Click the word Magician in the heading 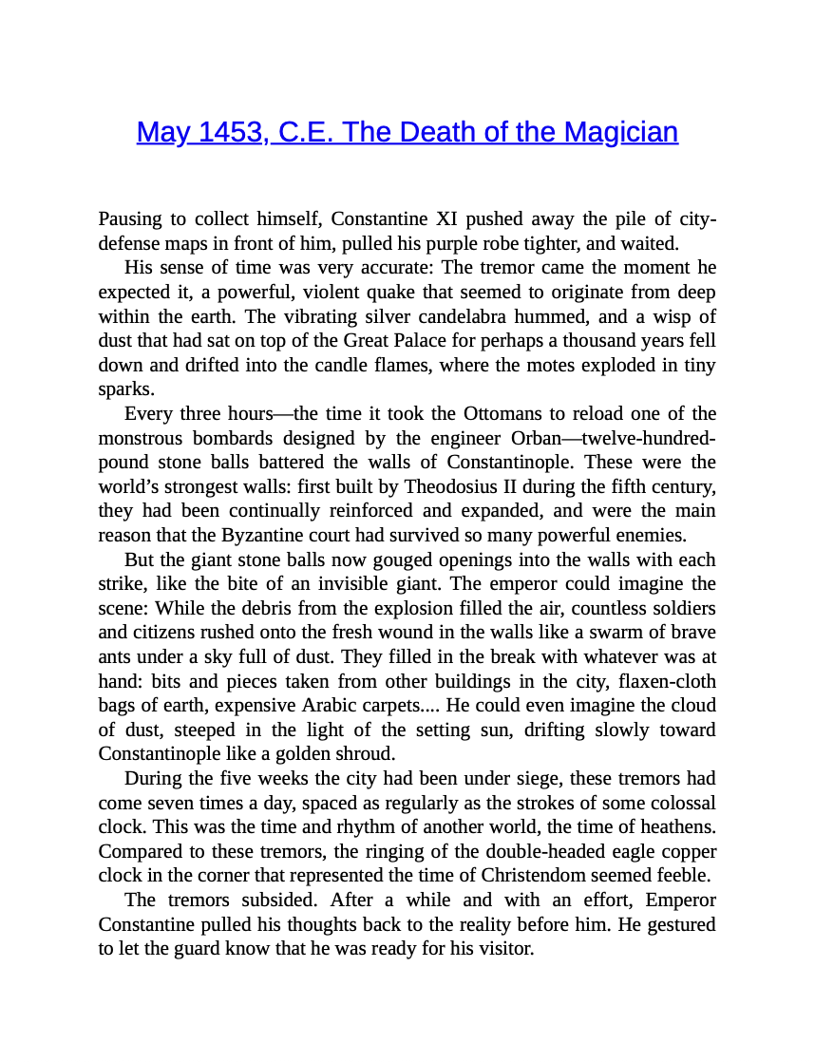coord(621,132)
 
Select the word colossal coord(677,803)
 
